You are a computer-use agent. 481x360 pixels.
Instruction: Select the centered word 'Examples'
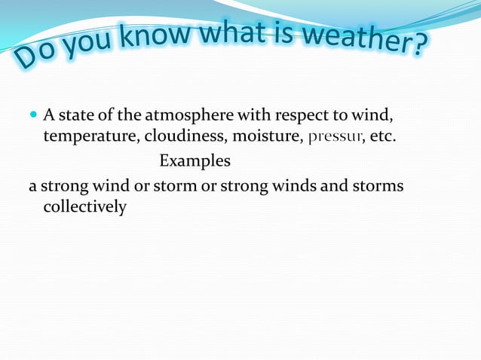tap(195, 162)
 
